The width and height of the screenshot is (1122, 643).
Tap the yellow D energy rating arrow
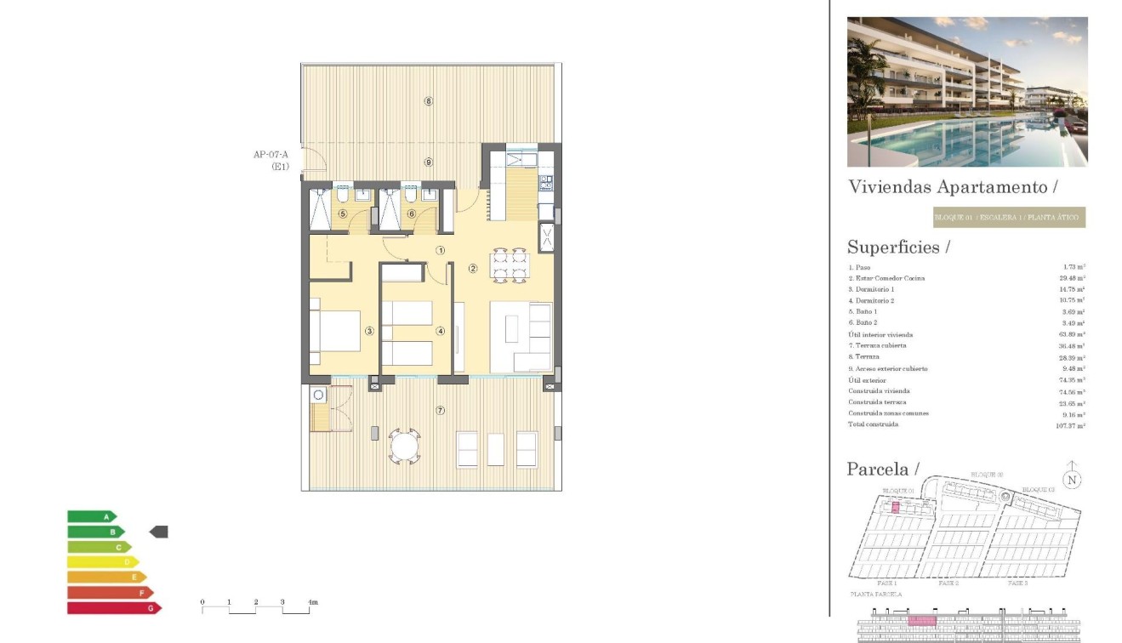click(103, 562)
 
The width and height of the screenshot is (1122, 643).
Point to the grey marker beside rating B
click(159, 532)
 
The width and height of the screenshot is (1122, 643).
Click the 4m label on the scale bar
click(312, 602)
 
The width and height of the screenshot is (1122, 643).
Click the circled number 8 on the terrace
click(429, 101)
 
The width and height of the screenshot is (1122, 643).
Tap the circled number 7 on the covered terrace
click(440, 411)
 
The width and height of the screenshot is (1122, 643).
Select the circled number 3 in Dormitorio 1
click(369, 331)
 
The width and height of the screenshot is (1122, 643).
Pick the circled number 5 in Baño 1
click(342, 214)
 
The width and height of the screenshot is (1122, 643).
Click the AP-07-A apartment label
click(271, 155)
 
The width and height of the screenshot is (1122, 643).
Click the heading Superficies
click(898, 248)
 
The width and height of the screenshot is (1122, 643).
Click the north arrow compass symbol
click(1073, 479)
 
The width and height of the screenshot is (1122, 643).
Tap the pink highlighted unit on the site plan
click(894, 508)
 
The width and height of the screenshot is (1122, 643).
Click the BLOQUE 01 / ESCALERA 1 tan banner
click(1009, 218)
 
